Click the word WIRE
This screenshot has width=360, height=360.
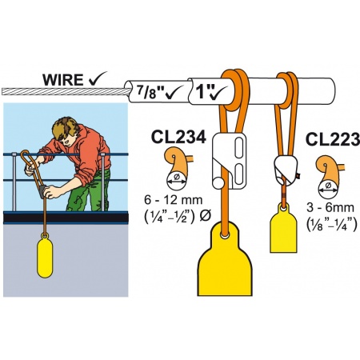tap(63, 80)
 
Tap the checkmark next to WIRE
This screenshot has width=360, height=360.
tap(98, 78)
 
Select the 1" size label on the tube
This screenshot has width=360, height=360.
tap(202, 91)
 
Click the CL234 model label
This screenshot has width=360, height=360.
tap(178, 138)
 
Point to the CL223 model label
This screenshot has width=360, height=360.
tap(333, 139)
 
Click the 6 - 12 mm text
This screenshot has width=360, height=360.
tap(174, 200)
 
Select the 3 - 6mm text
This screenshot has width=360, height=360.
tap(330, 208)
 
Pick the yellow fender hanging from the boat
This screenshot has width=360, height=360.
tap(45, 255)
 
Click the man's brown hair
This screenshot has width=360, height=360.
tap(66, 129)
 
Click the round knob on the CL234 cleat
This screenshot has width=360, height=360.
tap(218, 183)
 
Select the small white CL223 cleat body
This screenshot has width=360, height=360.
tap(286, 166)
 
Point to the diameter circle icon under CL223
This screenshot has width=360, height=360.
tap(328, 190)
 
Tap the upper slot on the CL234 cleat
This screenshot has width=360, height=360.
tap(239, 147)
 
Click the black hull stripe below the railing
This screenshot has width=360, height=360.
tap(66, 218)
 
